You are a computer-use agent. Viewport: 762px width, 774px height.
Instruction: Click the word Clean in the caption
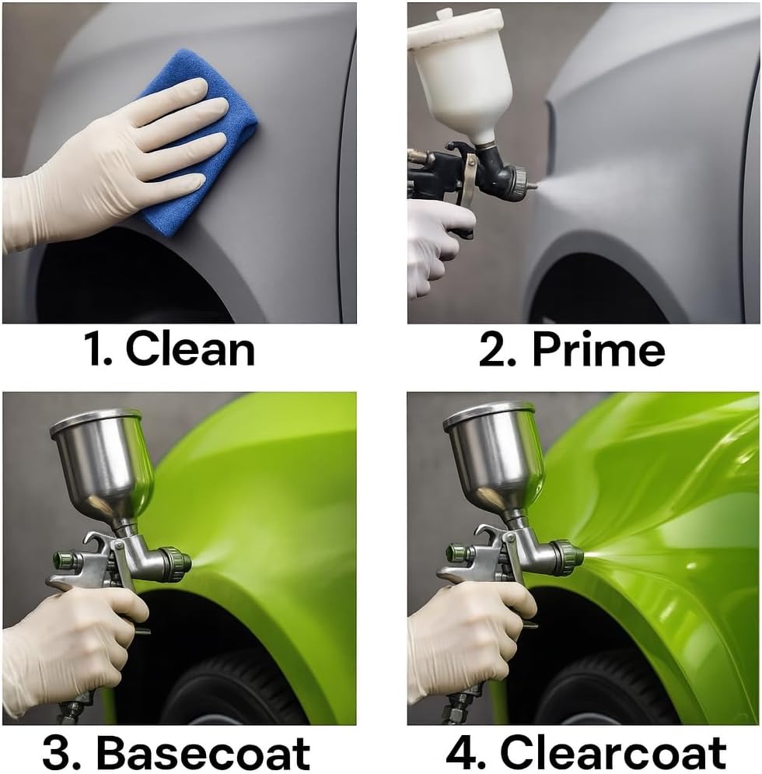click(x=190, y=351)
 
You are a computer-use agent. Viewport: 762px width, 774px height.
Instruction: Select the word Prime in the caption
click(x=598, y=351)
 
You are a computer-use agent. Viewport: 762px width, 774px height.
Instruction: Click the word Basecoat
click(x=202, y=752)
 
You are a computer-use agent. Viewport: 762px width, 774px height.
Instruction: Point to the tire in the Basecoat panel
click(x=233, y=692)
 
